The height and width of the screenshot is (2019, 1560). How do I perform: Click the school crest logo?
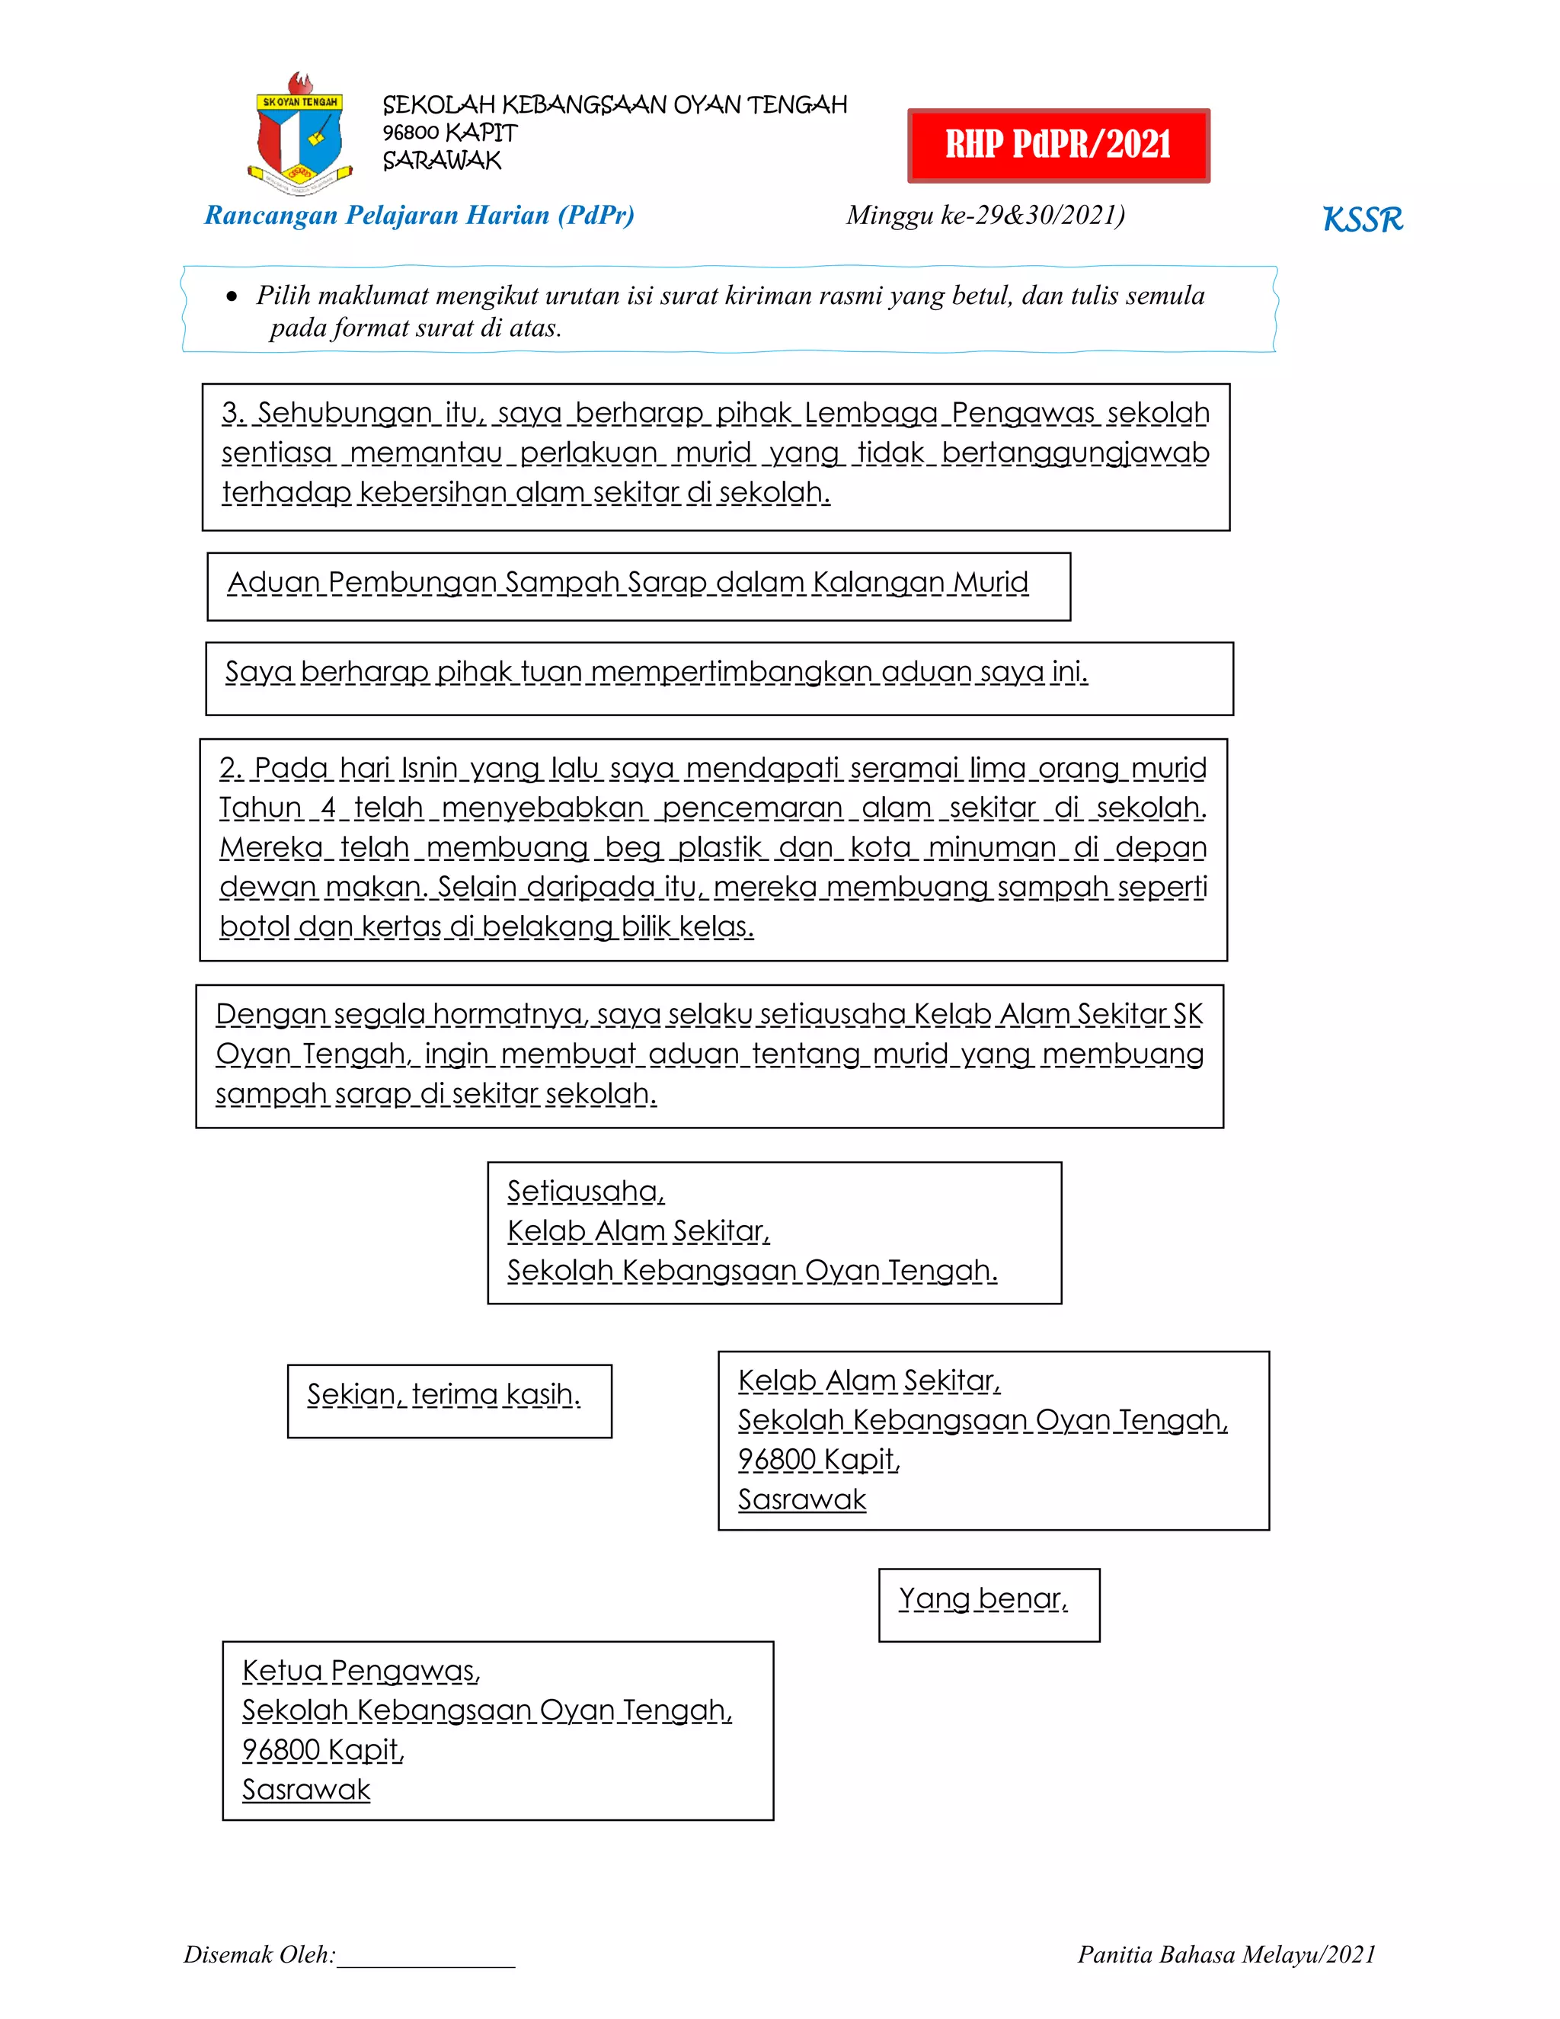point(299,134)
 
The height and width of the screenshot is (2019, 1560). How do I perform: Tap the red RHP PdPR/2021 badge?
point(1058,145)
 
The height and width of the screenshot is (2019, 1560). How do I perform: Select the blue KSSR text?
point(1362,220)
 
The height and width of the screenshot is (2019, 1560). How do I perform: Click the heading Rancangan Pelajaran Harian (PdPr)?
point(419,216)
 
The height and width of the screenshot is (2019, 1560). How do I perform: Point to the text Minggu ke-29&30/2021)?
point(985,216)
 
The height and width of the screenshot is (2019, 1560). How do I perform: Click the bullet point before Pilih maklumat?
point(232,296)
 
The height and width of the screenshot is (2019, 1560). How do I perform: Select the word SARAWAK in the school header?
point(442,161)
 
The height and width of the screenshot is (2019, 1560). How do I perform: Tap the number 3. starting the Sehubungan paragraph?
point(232,413)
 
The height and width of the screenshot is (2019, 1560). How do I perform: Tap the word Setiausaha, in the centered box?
point(586,1192)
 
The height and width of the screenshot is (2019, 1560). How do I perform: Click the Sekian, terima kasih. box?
point(449,1400)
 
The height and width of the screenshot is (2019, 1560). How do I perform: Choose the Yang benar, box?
point(988,1604)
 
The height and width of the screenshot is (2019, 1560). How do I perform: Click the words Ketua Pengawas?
point(360,1671)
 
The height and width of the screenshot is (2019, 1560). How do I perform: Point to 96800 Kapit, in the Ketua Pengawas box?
point(322,1750)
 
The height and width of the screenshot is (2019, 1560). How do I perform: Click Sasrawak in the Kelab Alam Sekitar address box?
point(802,1499)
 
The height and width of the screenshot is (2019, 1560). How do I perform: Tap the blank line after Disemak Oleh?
point(425,1956)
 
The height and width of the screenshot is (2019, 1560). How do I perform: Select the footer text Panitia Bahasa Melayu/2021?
point(1226,1954)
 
